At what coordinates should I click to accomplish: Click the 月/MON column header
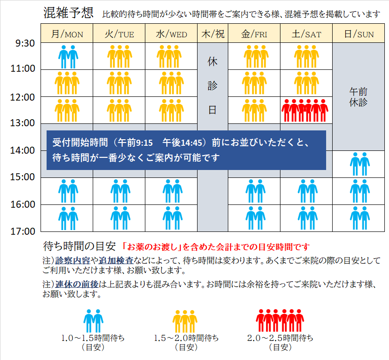(67, 34)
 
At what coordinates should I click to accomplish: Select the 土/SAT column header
(306, 34)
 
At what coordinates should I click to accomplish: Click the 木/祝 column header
(212, 34)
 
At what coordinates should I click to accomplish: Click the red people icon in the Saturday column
(306, 110)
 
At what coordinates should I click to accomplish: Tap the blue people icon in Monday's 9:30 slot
(68, 56)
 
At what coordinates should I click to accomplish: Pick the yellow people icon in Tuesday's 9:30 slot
(120, 56)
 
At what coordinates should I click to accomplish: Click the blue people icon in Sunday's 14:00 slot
(359, 163)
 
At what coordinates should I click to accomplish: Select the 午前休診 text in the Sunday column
(358, 97)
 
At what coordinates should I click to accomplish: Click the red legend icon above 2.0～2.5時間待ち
(280, 320)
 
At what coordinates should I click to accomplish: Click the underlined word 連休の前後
(76, 284)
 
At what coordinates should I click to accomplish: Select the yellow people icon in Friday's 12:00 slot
(254, 110)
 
